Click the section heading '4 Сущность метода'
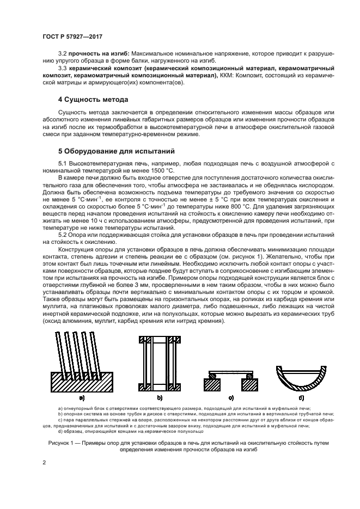[93, 100]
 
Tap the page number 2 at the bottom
[45, 462]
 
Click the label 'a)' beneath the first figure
[81, 398]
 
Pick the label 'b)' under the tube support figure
[160, 398]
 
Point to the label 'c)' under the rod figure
[231, 398]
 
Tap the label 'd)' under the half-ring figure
[302, 398]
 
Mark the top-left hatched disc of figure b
[145, 341]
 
